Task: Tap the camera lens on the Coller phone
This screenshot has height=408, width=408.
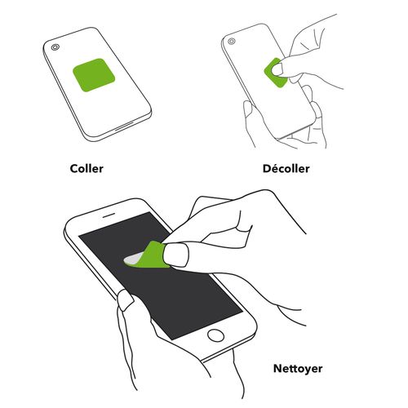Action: (55, 47)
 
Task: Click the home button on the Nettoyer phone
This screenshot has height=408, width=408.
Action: (216, 335)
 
